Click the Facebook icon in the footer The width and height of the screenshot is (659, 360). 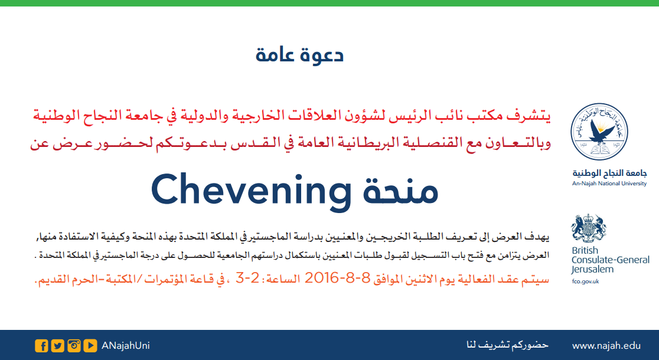[x=41, y=346]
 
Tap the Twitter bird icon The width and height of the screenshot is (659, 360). [x=58, y=346]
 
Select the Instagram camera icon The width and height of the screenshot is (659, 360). [x=74, y=346]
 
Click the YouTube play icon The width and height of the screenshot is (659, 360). [x=90, y=346]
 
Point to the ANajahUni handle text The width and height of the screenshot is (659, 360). [x=126, y=346]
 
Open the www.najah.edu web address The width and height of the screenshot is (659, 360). [x=606, y=346]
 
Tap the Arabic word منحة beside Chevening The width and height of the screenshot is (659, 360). [x=400, y=191]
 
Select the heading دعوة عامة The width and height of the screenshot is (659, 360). [x=299, y=55]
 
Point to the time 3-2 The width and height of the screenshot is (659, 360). [x=247, y=278]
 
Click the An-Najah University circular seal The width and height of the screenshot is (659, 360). [x=599, y=132]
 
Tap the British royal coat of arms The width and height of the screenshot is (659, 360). [x=588, y=228]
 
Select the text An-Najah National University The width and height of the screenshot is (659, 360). [x=609, y=184]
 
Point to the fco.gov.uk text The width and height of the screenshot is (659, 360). [x=585, y=282]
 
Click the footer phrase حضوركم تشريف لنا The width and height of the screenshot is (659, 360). [x=507, y=345]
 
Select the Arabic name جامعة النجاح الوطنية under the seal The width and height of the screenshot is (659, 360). [x=609, y=173]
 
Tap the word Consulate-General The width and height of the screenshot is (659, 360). [x=611, y=260]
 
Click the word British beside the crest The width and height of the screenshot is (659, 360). [x=585, y=250]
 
